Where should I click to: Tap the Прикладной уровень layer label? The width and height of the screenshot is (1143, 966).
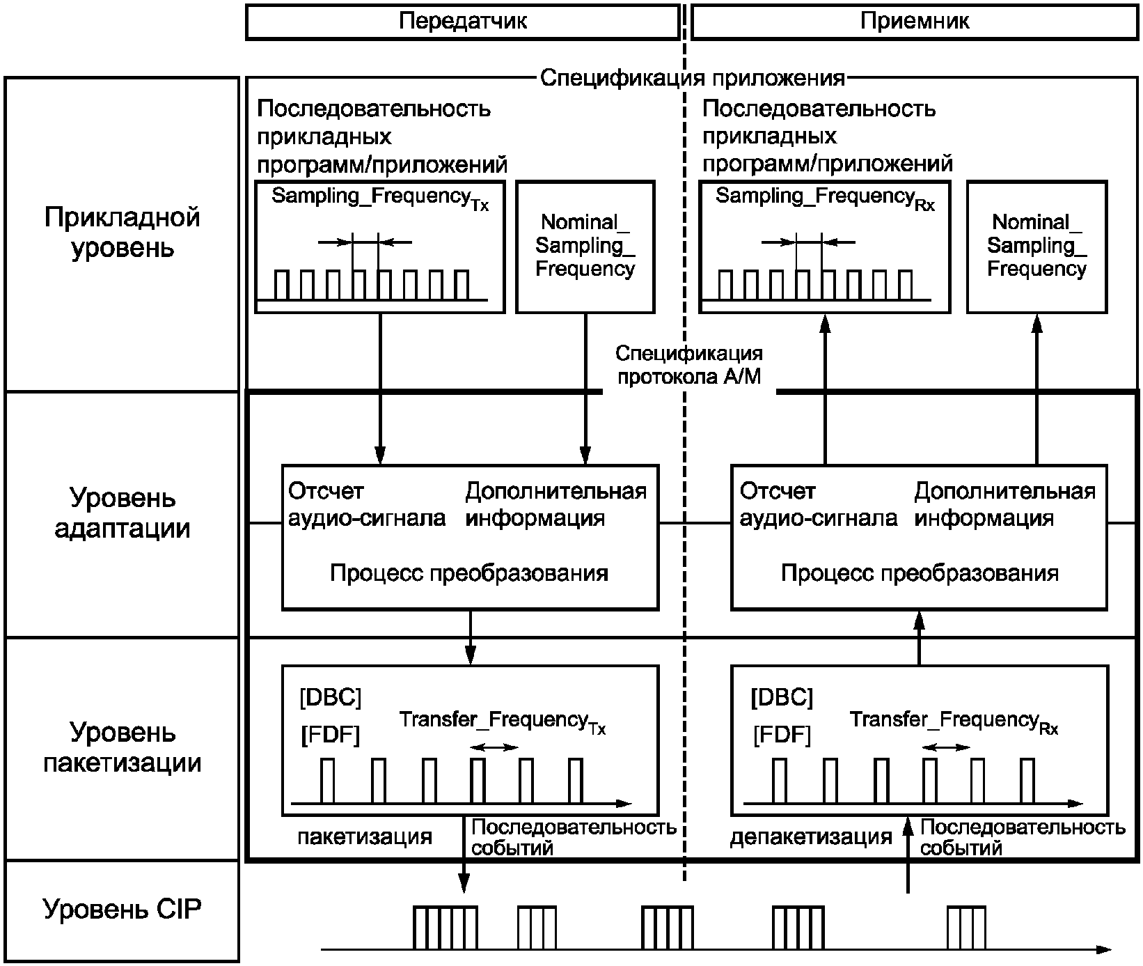[x=123, y=233]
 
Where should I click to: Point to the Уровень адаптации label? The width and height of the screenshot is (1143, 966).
[x=123, y=513]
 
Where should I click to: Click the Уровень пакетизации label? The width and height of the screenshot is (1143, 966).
[x=123, y=747]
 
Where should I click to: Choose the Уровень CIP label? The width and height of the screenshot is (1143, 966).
[x=123, y=910]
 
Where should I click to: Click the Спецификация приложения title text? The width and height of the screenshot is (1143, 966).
[x=693, y=78]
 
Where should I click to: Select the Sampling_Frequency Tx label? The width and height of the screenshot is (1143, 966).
[x=380, y=198]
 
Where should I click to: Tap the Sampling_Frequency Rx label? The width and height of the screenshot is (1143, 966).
[x=825, y=198]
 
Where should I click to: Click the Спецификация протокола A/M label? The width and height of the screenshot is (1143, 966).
[x=689, y=366]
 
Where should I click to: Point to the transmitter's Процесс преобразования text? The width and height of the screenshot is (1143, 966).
[x=469, y=573]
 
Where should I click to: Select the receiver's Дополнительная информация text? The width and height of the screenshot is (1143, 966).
[x=1004, y=505]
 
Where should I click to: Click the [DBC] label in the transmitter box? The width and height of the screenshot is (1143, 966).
[x=330, y=697]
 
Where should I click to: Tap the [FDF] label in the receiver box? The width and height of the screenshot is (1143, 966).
[x=782, y=735]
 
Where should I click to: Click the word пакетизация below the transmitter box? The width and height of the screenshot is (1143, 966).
[x=365, y=836]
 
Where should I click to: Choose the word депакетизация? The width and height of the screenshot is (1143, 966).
[x=811, y=836]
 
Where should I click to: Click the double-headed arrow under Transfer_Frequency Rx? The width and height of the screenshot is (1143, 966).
[x=945, y=747]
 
